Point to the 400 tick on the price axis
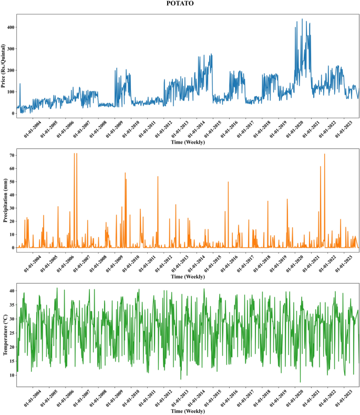click(9, 27)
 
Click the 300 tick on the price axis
click(9, 49)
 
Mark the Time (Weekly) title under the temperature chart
click(188, 411)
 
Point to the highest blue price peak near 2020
click(302, 19)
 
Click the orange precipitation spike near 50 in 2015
click(228, 182)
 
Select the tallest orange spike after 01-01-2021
click(324, 154)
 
